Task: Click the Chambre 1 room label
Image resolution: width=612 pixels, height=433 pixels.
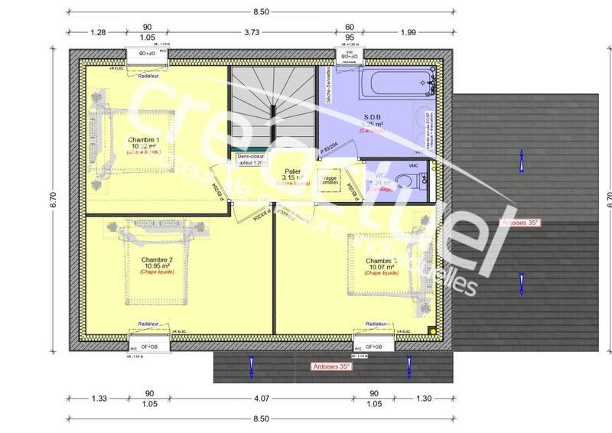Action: [144, 141]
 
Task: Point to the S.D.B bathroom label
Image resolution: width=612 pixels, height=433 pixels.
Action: [373, 117]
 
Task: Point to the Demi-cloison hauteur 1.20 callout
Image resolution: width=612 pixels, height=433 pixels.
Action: [250, 159]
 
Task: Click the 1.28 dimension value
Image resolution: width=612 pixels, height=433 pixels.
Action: [97, 32]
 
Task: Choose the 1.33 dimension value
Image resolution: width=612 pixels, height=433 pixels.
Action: [98, 398]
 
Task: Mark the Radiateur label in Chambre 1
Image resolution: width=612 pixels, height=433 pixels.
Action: [149, 76]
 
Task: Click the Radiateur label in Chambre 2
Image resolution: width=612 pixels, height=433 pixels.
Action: [148, 324]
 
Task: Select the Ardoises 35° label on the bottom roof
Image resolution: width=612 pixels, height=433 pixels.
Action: [331, 367]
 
